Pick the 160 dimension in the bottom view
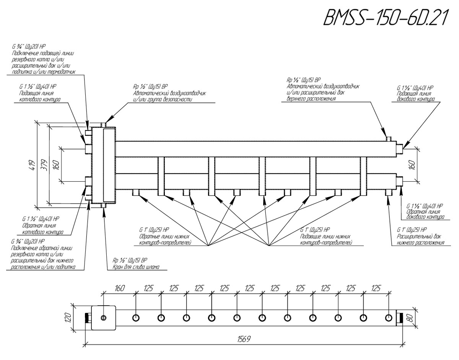click(120, 288)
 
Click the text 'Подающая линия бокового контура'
click(415, 96)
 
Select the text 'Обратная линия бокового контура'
click(425, 214)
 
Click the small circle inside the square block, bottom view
click(103, 318)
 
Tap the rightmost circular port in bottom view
click(389, 318)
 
